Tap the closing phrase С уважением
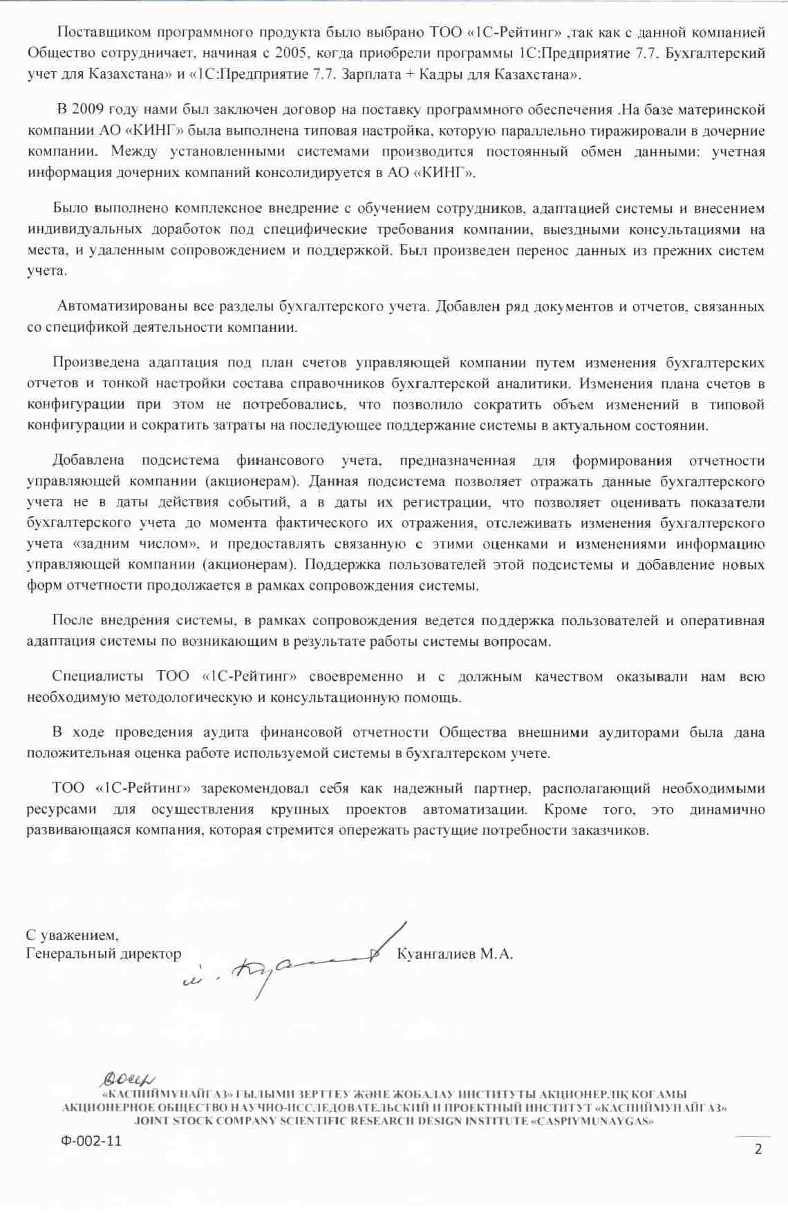[72, 935]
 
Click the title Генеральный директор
[104, 954]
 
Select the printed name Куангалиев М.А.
[455, 954]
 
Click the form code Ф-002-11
[91, 1141]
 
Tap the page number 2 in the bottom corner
[758, 1149]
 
